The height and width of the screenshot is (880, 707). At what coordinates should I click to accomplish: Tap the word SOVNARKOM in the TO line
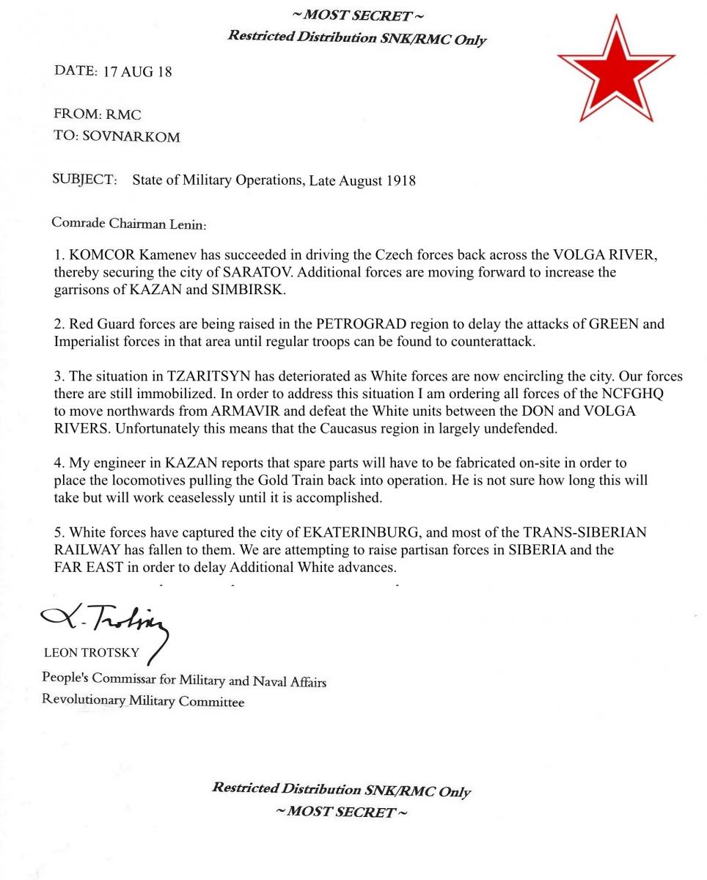[131, 137]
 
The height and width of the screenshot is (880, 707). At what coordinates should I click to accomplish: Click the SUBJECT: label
[84, 180]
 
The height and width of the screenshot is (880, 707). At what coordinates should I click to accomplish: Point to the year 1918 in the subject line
[400, 180]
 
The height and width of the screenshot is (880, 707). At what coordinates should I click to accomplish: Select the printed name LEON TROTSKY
[91, 653]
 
